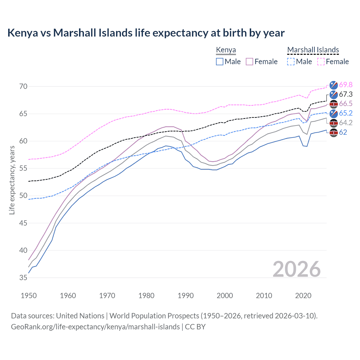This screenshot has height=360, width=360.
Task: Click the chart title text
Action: click(x=146, y=33)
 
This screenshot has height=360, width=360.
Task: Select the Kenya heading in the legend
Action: click(x=226, y=50)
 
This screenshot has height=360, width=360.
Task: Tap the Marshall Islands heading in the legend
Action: click(x=313, y=50)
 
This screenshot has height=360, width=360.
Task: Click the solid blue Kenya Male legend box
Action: click(x=220, y=62)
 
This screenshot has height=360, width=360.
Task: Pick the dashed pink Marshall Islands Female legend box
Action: click(x=321, y=62)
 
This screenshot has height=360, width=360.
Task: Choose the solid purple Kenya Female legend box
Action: click(x=249, y=62)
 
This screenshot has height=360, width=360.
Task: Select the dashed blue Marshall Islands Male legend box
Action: click(x=291, y=62)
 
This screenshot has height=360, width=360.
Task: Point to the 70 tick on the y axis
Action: click(x=23, y=86)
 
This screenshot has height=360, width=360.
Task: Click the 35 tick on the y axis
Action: click(x=23, y=278)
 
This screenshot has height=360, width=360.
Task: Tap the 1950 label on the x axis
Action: click(x=29, y=296)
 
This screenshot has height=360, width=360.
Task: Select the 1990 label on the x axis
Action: click(x=186, y=296)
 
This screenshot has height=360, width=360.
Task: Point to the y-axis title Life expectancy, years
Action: click(x=12, y=180)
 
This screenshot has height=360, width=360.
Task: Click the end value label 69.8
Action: click(x=346, y=85)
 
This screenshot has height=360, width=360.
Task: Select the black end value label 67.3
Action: click(x=346, y=94)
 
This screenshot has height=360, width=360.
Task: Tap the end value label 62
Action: click(x=343, y=132)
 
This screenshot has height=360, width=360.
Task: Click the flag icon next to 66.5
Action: click(x=334, y=104)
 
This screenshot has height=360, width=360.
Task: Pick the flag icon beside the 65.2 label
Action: click(x=334, y=114)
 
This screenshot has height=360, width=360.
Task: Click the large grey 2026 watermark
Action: click(x=296, y=269)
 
